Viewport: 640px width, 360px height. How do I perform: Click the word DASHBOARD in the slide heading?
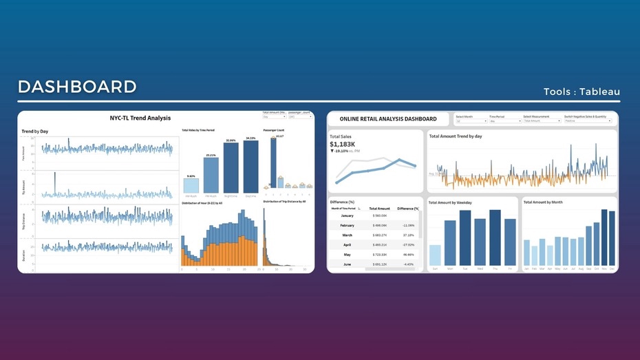[x=77, y=87]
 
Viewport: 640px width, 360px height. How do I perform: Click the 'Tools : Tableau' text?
[x=582, y=92]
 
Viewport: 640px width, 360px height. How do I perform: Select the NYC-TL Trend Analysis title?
[x=140, y=118]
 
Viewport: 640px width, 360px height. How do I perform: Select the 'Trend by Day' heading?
[x=35, y=131]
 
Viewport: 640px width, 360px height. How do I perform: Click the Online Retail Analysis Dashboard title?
[x=388, y=118]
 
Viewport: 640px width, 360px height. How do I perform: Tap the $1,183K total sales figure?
[x=343, y=144]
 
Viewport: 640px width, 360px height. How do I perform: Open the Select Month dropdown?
[x=471, y=121]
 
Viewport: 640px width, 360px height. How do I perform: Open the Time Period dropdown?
[x=504, y=121]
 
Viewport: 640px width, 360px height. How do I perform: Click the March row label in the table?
[x=347, y=235]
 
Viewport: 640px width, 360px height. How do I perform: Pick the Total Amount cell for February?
[x=379, y=225]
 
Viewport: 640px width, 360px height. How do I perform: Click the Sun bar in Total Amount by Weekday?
[x=435, y=255]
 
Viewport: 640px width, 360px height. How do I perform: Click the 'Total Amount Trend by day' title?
[x=456, y=136]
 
